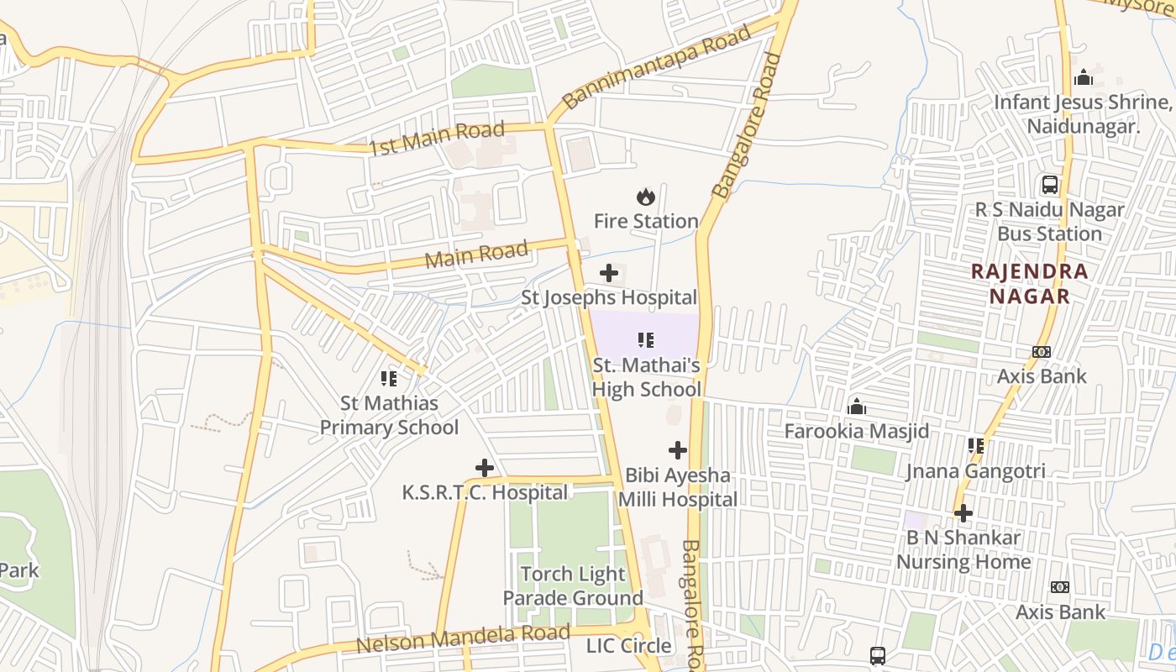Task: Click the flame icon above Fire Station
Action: pos(645,197)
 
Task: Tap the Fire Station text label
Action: pos(646,221)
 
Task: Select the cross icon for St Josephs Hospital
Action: pos(609,273)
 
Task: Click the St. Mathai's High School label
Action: pos(646,377)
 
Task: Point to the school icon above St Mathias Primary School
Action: pos(388,379)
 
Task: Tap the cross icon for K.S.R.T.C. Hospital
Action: pos(485,468)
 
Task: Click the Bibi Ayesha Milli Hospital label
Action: pos(677,487)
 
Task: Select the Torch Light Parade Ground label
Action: pos(573,586)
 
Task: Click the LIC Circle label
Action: pos(629,646)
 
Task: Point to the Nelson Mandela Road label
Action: pos(463,639)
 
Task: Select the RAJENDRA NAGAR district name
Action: pos(1029,284)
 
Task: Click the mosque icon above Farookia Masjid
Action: pos(857,407)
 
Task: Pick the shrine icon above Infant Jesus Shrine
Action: pos(1084,78)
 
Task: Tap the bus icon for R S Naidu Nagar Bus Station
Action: pos(1049,185)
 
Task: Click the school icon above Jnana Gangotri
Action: pos(975,446)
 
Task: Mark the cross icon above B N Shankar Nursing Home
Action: pos(963,512)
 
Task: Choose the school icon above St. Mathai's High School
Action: pos(645,340)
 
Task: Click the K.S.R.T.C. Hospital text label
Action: pos(485,492)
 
